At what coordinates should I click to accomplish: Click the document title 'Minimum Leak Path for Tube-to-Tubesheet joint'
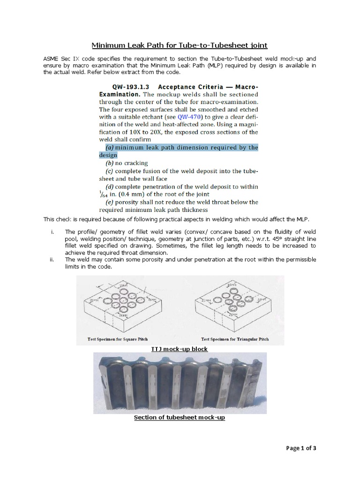click(179, 45)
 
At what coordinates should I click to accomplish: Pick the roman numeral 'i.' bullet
click(52, 232)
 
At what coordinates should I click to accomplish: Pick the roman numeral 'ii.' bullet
click(52, 259)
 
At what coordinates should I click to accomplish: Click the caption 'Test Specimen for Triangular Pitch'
click(235, 339)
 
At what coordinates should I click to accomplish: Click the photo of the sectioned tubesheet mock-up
click(180, 382)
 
